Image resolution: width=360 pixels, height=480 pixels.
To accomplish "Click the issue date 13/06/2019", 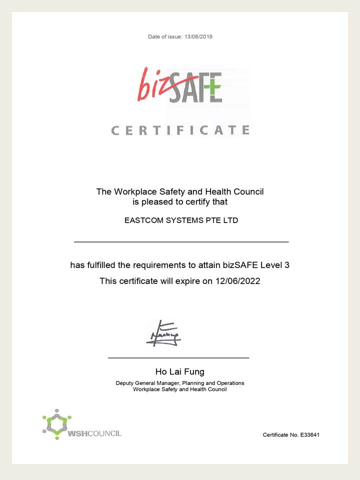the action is click(x=198, y=36).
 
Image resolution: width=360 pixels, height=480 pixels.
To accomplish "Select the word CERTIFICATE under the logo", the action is click(x=180, y=130).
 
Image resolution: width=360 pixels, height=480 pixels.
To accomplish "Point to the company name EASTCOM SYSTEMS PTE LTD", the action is click(x=181, y=220).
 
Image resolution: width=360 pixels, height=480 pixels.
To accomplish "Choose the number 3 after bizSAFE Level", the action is click(x=286, y=265).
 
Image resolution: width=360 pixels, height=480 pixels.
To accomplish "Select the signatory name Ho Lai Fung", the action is click(x=180, y=371).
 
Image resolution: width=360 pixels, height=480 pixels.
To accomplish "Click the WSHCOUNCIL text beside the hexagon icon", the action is click(x=94, y=433).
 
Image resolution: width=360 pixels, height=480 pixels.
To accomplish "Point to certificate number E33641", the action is click(x=309, y=435).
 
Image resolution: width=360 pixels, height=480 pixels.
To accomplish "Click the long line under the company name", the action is click(x=181, y=242).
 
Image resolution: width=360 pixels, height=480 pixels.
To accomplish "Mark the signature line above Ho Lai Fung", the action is click(x=178, y=358).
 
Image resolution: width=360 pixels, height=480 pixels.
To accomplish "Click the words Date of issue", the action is click(x=164, y=36).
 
